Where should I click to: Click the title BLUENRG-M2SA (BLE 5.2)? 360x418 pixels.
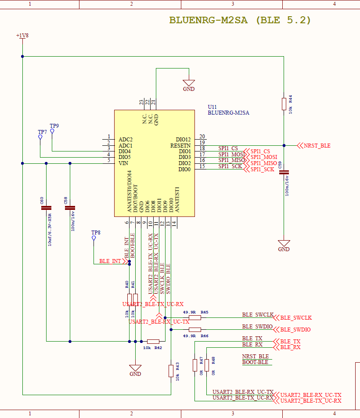(240, 20)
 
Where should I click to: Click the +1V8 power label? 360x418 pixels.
(22, 36)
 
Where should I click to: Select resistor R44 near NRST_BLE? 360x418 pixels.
(284, 104)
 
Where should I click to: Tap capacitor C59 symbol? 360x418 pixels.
(284, 172)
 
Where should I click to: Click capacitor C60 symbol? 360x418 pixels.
(46, 208)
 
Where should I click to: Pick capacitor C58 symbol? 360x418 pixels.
(70, 208)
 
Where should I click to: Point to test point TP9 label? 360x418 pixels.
(54, 126)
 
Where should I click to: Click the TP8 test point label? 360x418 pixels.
(96, 232)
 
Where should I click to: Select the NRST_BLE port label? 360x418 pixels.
(317, 145)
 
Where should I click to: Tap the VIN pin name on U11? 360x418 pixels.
(123, 163)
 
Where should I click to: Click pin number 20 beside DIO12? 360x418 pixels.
(202, 137)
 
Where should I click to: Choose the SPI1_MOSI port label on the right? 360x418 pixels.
(263, 157)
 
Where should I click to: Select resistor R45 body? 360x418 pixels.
(194, 317)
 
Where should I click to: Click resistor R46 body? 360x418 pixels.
(194, 329)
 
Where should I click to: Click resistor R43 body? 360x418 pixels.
(171, 371)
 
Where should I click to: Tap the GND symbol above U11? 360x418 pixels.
(189, 83)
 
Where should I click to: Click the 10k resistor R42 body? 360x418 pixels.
(153, 341)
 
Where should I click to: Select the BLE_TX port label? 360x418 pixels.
(290, 341)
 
